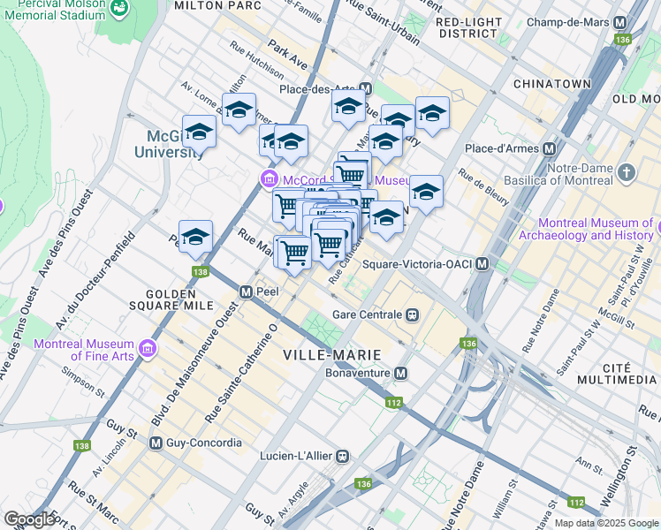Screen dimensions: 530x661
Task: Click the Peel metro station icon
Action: point(247,291)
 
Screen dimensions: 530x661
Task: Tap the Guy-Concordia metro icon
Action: point(156,443)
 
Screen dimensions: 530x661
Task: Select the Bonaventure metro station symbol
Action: point(401,374)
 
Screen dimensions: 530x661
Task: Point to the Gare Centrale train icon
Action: point(412,314)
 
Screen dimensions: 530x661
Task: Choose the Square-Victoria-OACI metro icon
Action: point(482,264)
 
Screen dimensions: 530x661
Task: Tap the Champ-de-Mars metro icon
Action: point(620,22)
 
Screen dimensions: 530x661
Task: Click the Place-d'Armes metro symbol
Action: point(550,148)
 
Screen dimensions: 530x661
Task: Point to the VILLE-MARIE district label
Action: point(332,355)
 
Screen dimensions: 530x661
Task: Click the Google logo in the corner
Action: point(30,519)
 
